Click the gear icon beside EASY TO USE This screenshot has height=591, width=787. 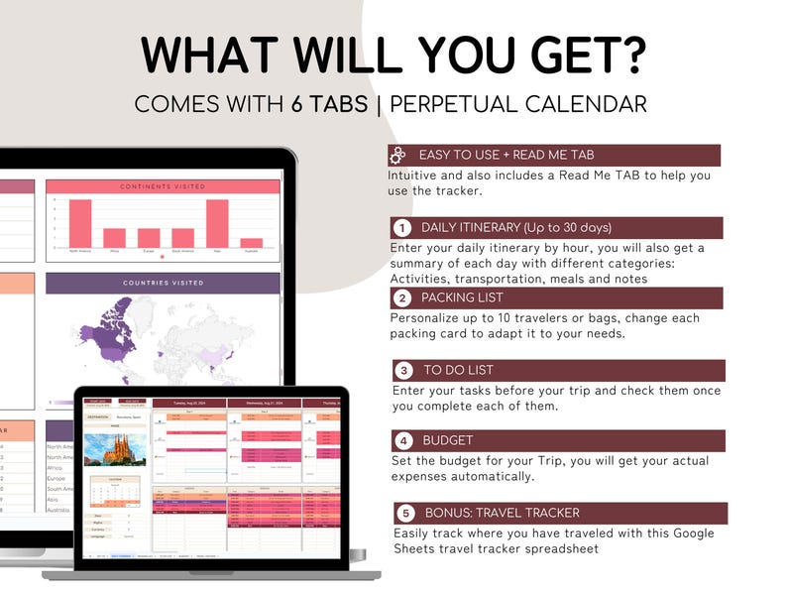click(x=398, y=155)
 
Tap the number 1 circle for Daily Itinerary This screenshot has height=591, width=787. click(x=402, y=228)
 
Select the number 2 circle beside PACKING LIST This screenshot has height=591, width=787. click(x=402, y=297)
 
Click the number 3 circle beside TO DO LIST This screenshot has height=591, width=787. click(x=403, y=371)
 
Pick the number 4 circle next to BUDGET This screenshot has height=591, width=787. click(x=403, y=441)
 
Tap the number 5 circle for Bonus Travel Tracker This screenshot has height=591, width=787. click(x=404, y=514)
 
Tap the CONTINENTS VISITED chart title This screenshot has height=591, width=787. click(x=163, y=186)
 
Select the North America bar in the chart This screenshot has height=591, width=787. click(x=80, y=223)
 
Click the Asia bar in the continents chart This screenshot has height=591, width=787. click(x=217, y=223)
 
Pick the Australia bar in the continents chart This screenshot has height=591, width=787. click(x=252, y=242)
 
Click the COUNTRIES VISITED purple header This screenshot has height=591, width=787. click(x=163, y=283)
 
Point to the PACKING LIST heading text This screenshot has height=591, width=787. click(x=462, y=297)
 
